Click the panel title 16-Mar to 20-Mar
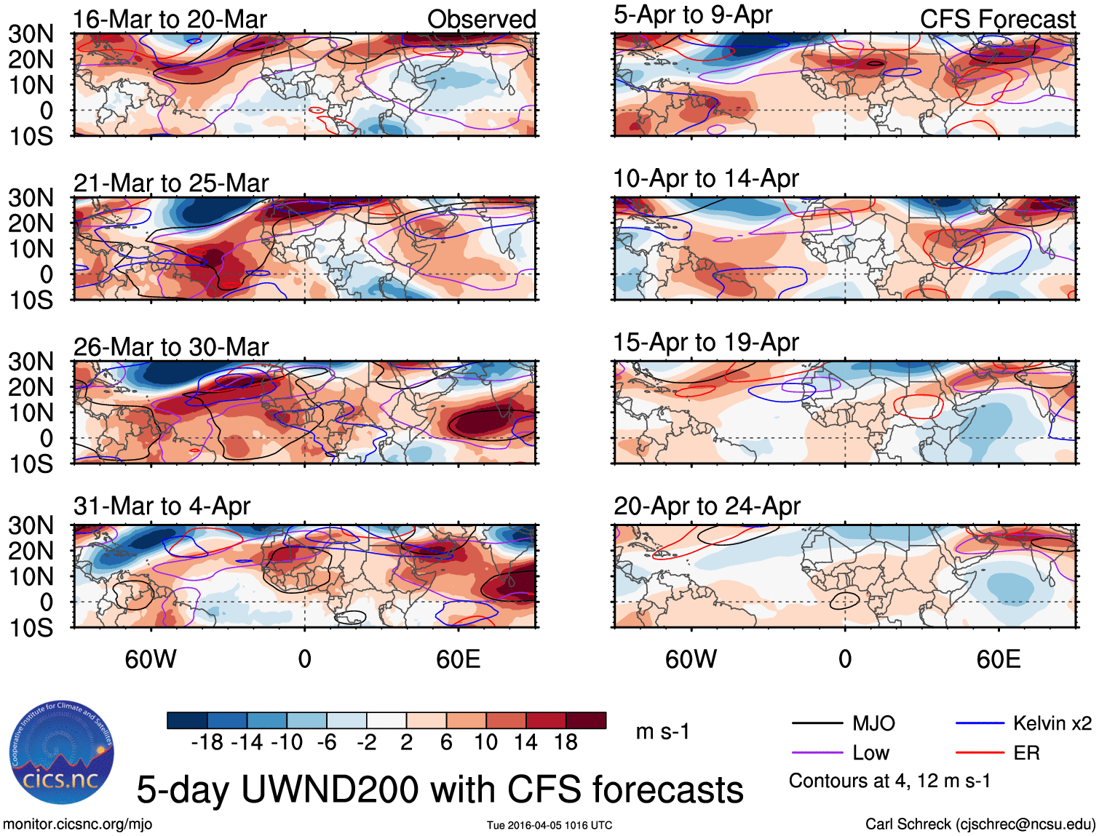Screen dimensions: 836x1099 170,20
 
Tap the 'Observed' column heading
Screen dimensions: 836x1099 481,20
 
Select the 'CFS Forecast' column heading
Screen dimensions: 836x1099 997,20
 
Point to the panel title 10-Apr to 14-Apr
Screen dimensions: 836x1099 705,178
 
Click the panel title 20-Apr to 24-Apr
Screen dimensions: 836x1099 706,506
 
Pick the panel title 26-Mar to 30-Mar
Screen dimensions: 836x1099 170,347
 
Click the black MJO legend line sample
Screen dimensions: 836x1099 817,723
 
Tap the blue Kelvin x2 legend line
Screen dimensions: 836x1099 980,723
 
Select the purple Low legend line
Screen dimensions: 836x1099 817,753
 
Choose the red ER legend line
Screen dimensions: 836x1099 980,753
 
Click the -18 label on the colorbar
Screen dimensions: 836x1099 207,742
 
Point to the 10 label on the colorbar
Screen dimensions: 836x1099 485,742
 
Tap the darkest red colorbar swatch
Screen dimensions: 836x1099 586,720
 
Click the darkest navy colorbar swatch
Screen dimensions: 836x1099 187,720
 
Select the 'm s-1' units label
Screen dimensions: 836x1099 662,731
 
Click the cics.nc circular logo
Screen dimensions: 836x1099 62,753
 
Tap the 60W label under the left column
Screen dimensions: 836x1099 151,659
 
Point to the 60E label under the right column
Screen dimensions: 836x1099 998,659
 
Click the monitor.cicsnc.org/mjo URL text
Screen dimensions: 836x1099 77,824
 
